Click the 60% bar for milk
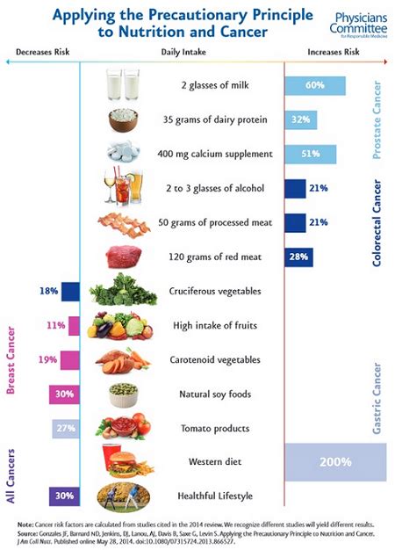tap(314, 86)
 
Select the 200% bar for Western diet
tap(335, 461)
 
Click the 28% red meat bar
tap(298, 257)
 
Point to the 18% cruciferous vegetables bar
tap(61, 291)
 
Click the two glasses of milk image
tap(123, 86)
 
